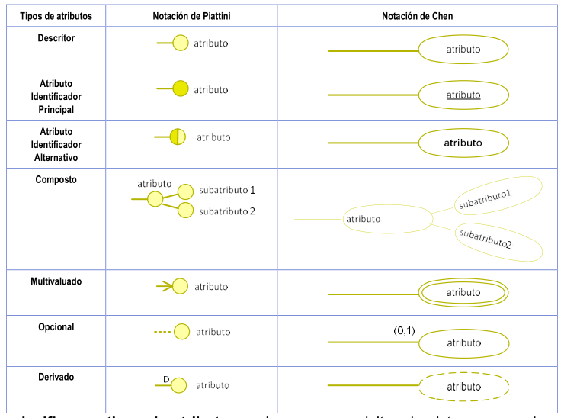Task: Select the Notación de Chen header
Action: (x=418, y=16)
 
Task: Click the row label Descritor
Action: (x=56, y=38)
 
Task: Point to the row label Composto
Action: (x=56, y=180)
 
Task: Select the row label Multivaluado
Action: (x=56, y=281)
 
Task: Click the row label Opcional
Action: (x=56, y=327)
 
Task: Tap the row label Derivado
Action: (x=56, y=377)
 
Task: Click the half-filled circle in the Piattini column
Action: (x=178, y=137)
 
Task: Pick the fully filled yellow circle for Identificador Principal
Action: (x=180, y=89)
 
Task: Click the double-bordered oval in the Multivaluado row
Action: (x=463, y=292)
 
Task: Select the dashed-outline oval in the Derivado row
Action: (x=463, y=386)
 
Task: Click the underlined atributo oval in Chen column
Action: (x=463, y=95)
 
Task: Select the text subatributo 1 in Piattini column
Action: (x=227, y=190)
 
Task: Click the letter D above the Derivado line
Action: (x=165, y=378)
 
